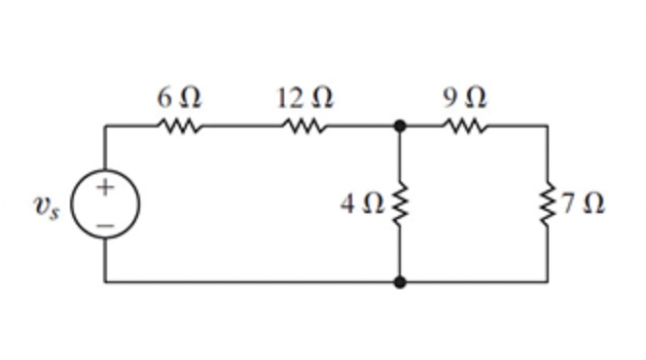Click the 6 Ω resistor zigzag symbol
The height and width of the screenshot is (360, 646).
[x=178, y=126]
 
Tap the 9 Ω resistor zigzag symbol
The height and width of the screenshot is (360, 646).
[x=464, y=126]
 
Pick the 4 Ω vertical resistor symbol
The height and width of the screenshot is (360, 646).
[x=399, y=204]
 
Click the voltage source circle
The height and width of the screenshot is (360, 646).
[x=106, y=205]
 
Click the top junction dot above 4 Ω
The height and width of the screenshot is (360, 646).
[x=399, y=126]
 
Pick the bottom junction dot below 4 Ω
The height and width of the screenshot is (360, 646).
[x=399, y=282]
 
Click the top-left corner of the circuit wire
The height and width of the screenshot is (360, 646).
[x=106, y=126]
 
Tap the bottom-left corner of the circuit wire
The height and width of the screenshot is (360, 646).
[x=106, y=282]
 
